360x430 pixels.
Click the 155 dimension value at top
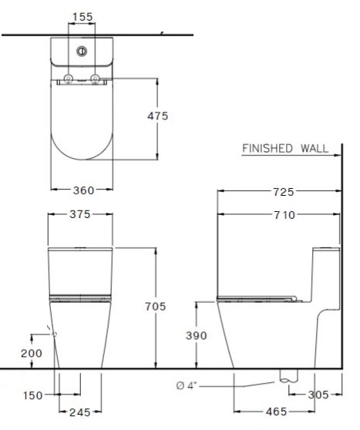click(82, 16)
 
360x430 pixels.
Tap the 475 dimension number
click(157, 116)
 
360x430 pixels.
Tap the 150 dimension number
click(32, 395)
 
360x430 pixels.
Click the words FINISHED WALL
click(285, 148)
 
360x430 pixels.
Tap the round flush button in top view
click(82, 52)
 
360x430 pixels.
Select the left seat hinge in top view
click(69, 79)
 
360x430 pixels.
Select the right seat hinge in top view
click(96, 79)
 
